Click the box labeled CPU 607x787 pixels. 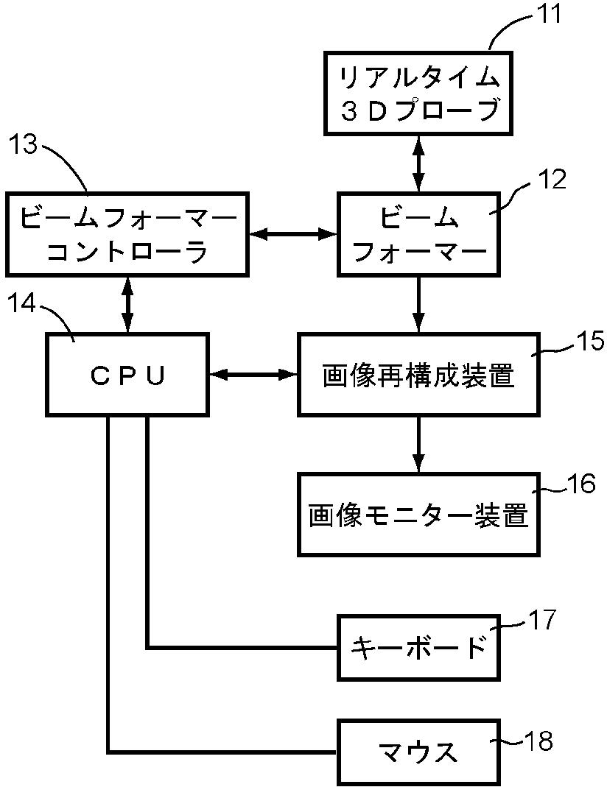(x=127, y=375)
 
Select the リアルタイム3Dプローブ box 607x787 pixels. (x=418, y=93)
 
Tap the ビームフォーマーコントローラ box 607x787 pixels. (x=127, y=234)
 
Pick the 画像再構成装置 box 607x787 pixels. (x=418, y=375)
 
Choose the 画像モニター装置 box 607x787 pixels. (x=418, y=515)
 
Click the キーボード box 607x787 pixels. (x=418, y=647)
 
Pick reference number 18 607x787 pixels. (x=538, y=741)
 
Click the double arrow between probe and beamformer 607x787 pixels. (x=418, y=163)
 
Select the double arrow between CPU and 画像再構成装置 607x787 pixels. (x=253, y=374)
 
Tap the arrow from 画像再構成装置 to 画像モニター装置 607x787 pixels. (x=418, y=444)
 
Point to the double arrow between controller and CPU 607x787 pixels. (x=127, y=304)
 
